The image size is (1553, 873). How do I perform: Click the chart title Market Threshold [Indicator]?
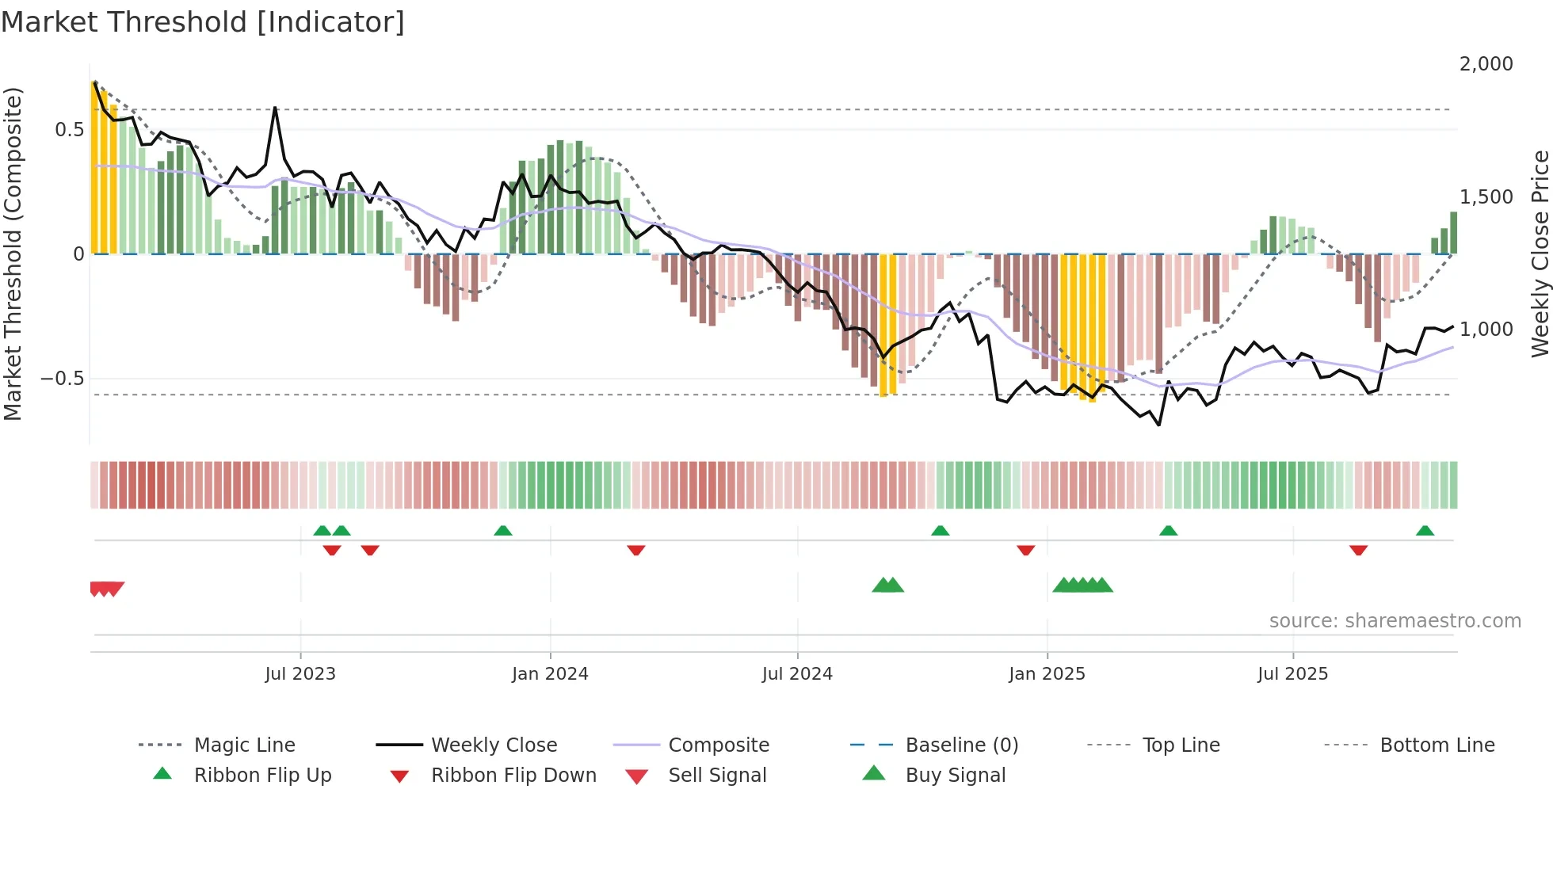[x=203, y=22]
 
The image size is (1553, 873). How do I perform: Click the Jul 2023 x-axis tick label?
[x=300, y=674]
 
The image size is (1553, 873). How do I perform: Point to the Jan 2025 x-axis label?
[x=1047, y=674]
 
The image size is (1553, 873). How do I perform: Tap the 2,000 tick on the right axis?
[x=1486, y=64]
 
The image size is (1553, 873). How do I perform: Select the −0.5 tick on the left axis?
[x=62, y=379]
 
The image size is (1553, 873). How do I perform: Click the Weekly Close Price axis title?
[x=1540, y=254]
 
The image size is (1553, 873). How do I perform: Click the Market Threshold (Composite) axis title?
[x=13, y=254]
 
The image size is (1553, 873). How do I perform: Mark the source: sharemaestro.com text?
[x=1395, y=621]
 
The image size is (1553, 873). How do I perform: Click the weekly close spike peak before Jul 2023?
[x=275, y=108]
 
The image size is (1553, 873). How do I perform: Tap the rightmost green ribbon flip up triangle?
[x=1425, y=531]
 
